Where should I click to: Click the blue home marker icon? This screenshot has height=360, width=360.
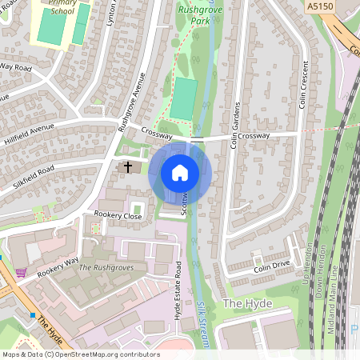[x=180, y=173]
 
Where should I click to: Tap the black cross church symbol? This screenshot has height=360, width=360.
[x=127, y=167]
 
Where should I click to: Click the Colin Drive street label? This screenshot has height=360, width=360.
[x=271, y=265]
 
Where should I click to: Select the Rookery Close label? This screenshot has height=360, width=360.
[x=118, y=216]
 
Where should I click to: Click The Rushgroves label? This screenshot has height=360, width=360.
[x=107, y=267]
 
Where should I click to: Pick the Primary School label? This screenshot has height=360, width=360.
[x=59, y=7]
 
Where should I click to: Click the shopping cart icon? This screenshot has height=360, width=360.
[x=21, y=272]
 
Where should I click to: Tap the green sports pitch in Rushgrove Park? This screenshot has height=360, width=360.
[x=182, y=99]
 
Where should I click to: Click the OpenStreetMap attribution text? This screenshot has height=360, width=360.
[x=81, y=354]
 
